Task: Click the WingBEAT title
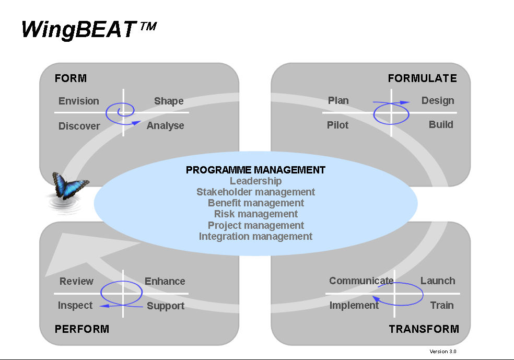(88, 30)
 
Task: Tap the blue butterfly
(70, 186)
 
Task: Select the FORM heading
(71, 78)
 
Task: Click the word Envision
(79, 101)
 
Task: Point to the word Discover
(79, 126)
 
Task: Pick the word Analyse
(165, 125)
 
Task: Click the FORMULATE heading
(422, 78)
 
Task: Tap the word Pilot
(337, 125)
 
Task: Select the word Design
(438, 101)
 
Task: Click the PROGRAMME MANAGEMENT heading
(255, 170)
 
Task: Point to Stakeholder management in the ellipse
(255, 192)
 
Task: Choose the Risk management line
(255, 214)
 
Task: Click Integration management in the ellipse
(255, 236)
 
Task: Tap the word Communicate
(361, 281)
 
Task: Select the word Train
(442, 305)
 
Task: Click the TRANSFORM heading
(424, 329)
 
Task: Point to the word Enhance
(165, 281)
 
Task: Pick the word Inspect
(75, 306)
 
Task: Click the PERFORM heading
(82, 329)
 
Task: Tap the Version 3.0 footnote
(443, 352)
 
